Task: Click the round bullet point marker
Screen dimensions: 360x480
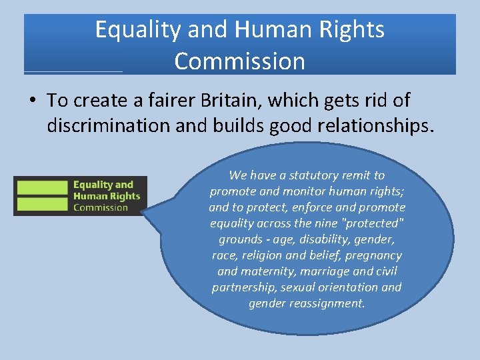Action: (33, 101)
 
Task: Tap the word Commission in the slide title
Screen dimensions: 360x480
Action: (239, 61)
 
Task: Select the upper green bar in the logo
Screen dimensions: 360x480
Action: (42, 187)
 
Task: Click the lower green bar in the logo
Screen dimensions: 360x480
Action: (42, 205)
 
